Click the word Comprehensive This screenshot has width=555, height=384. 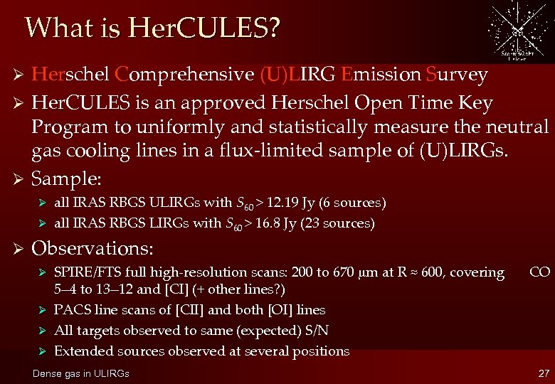click(184, 75)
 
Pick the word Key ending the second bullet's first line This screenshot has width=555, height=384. click(475, 104)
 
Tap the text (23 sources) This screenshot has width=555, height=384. click(339, 223)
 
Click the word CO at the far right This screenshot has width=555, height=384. click(539, 272)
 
